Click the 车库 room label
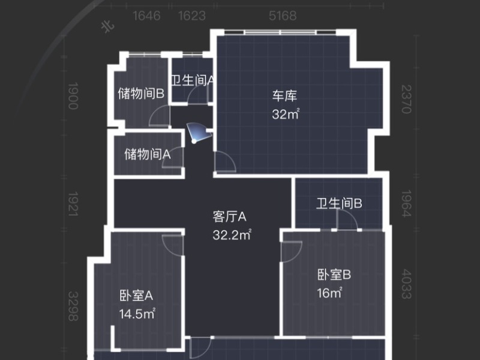[x=285, y=96]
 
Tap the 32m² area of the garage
[x=285, y=114]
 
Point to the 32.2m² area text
[x=232, y=235]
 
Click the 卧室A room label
[x=137, y=295]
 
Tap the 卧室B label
[x=334, y=275]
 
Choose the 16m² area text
[x=330, y=293]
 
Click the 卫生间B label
[x=340, y=204]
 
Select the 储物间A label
[x=148, y=154]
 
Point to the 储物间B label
[x=142, y=93]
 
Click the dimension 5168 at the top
[x=283, y=16]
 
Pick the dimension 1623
[x=192, y=16]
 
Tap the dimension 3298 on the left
[x=73, y=306]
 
